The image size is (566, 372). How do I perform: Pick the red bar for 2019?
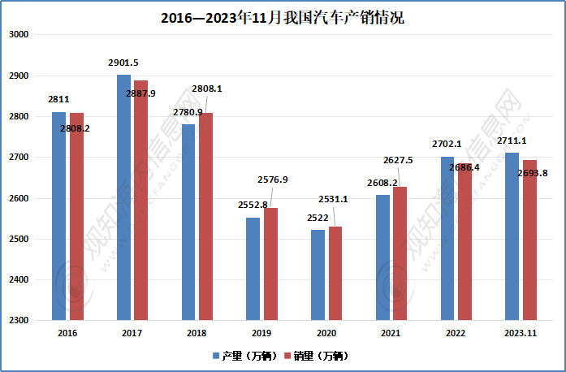tap(271, 264)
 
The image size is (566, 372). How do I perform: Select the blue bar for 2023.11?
tap(512, 236)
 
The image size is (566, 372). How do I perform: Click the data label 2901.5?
tap(123, 63)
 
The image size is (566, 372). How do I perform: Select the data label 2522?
tap(317, 218)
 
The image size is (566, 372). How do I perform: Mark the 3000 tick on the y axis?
tap(19, 35)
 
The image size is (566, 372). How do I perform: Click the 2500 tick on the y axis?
tap(19, 240)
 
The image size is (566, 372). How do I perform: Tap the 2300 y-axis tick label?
tap(19, 321)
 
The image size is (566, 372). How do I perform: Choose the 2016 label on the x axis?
tap(67, 333)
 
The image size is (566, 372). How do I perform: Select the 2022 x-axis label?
tap(456, 333)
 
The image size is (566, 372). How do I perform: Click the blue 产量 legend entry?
tap(245, 356)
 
